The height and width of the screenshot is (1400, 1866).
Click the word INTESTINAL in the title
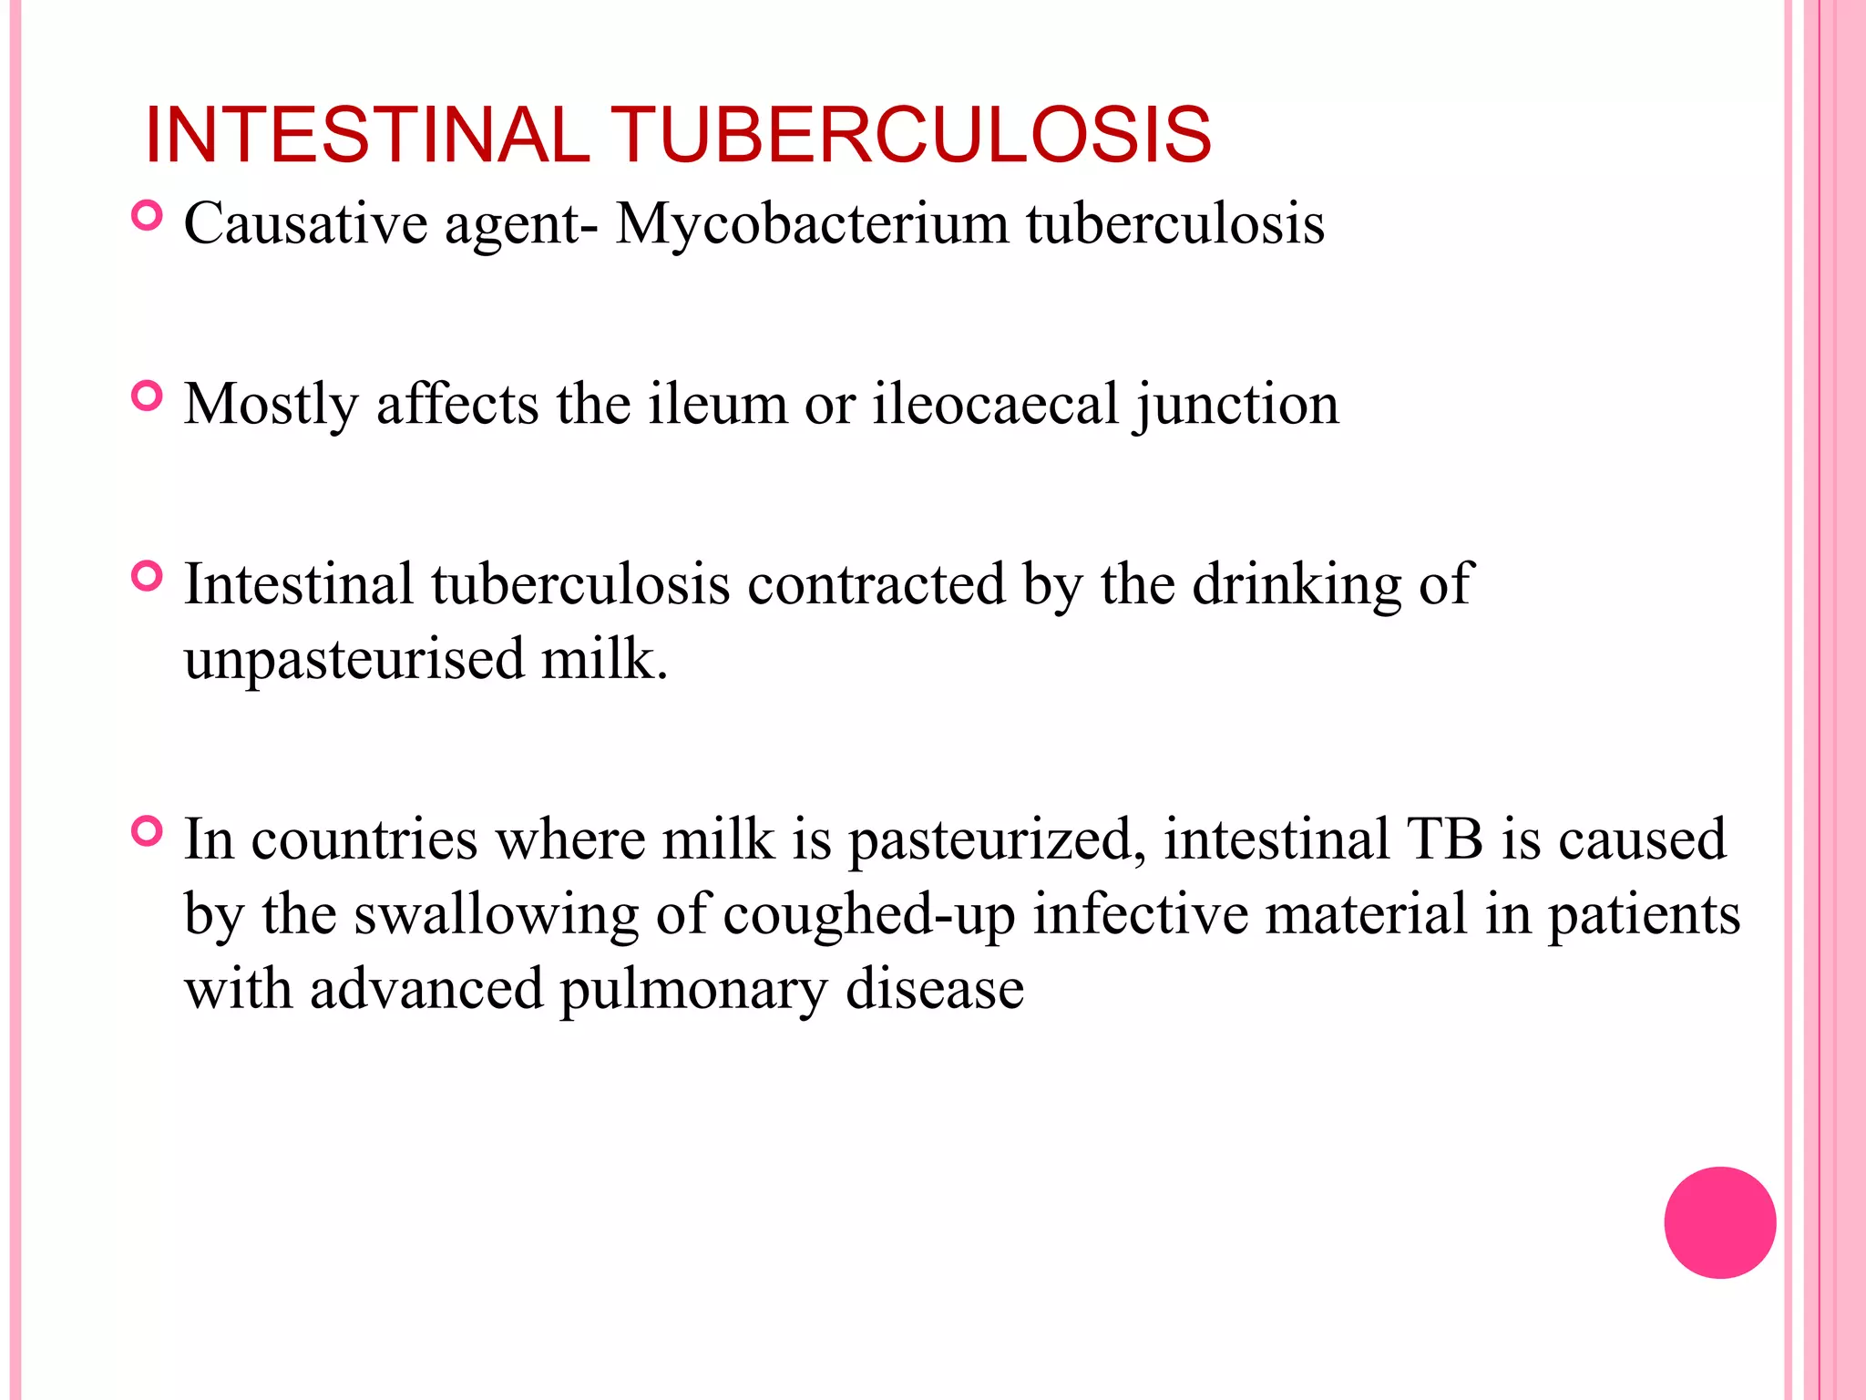tap(367, 136)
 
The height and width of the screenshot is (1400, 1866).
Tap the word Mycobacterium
tap(812, 223)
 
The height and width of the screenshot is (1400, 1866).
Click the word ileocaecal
tap(996, 404)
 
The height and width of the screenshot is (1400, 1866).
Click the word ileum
tap(717, 404)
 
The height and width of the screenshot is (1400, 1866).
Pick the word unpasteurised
tap(354, 660)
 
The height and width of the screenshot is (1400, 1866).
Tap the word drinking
tap(1297, 585)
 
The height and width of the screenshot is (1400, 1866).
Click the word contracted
tap(876, 584)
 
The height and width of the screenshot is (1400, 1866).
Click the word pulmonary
tap(693, 991)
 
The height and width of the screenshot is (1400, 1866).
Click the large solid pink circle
tap(1719, 1222)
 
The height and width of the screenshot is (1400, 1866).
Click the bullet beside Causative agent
tap(147, 216)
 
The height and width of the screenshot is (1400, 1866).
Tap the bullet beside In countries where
tap(147, 831)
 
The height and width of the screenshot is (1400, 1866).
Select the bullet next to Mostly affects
tap(147, 396)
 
